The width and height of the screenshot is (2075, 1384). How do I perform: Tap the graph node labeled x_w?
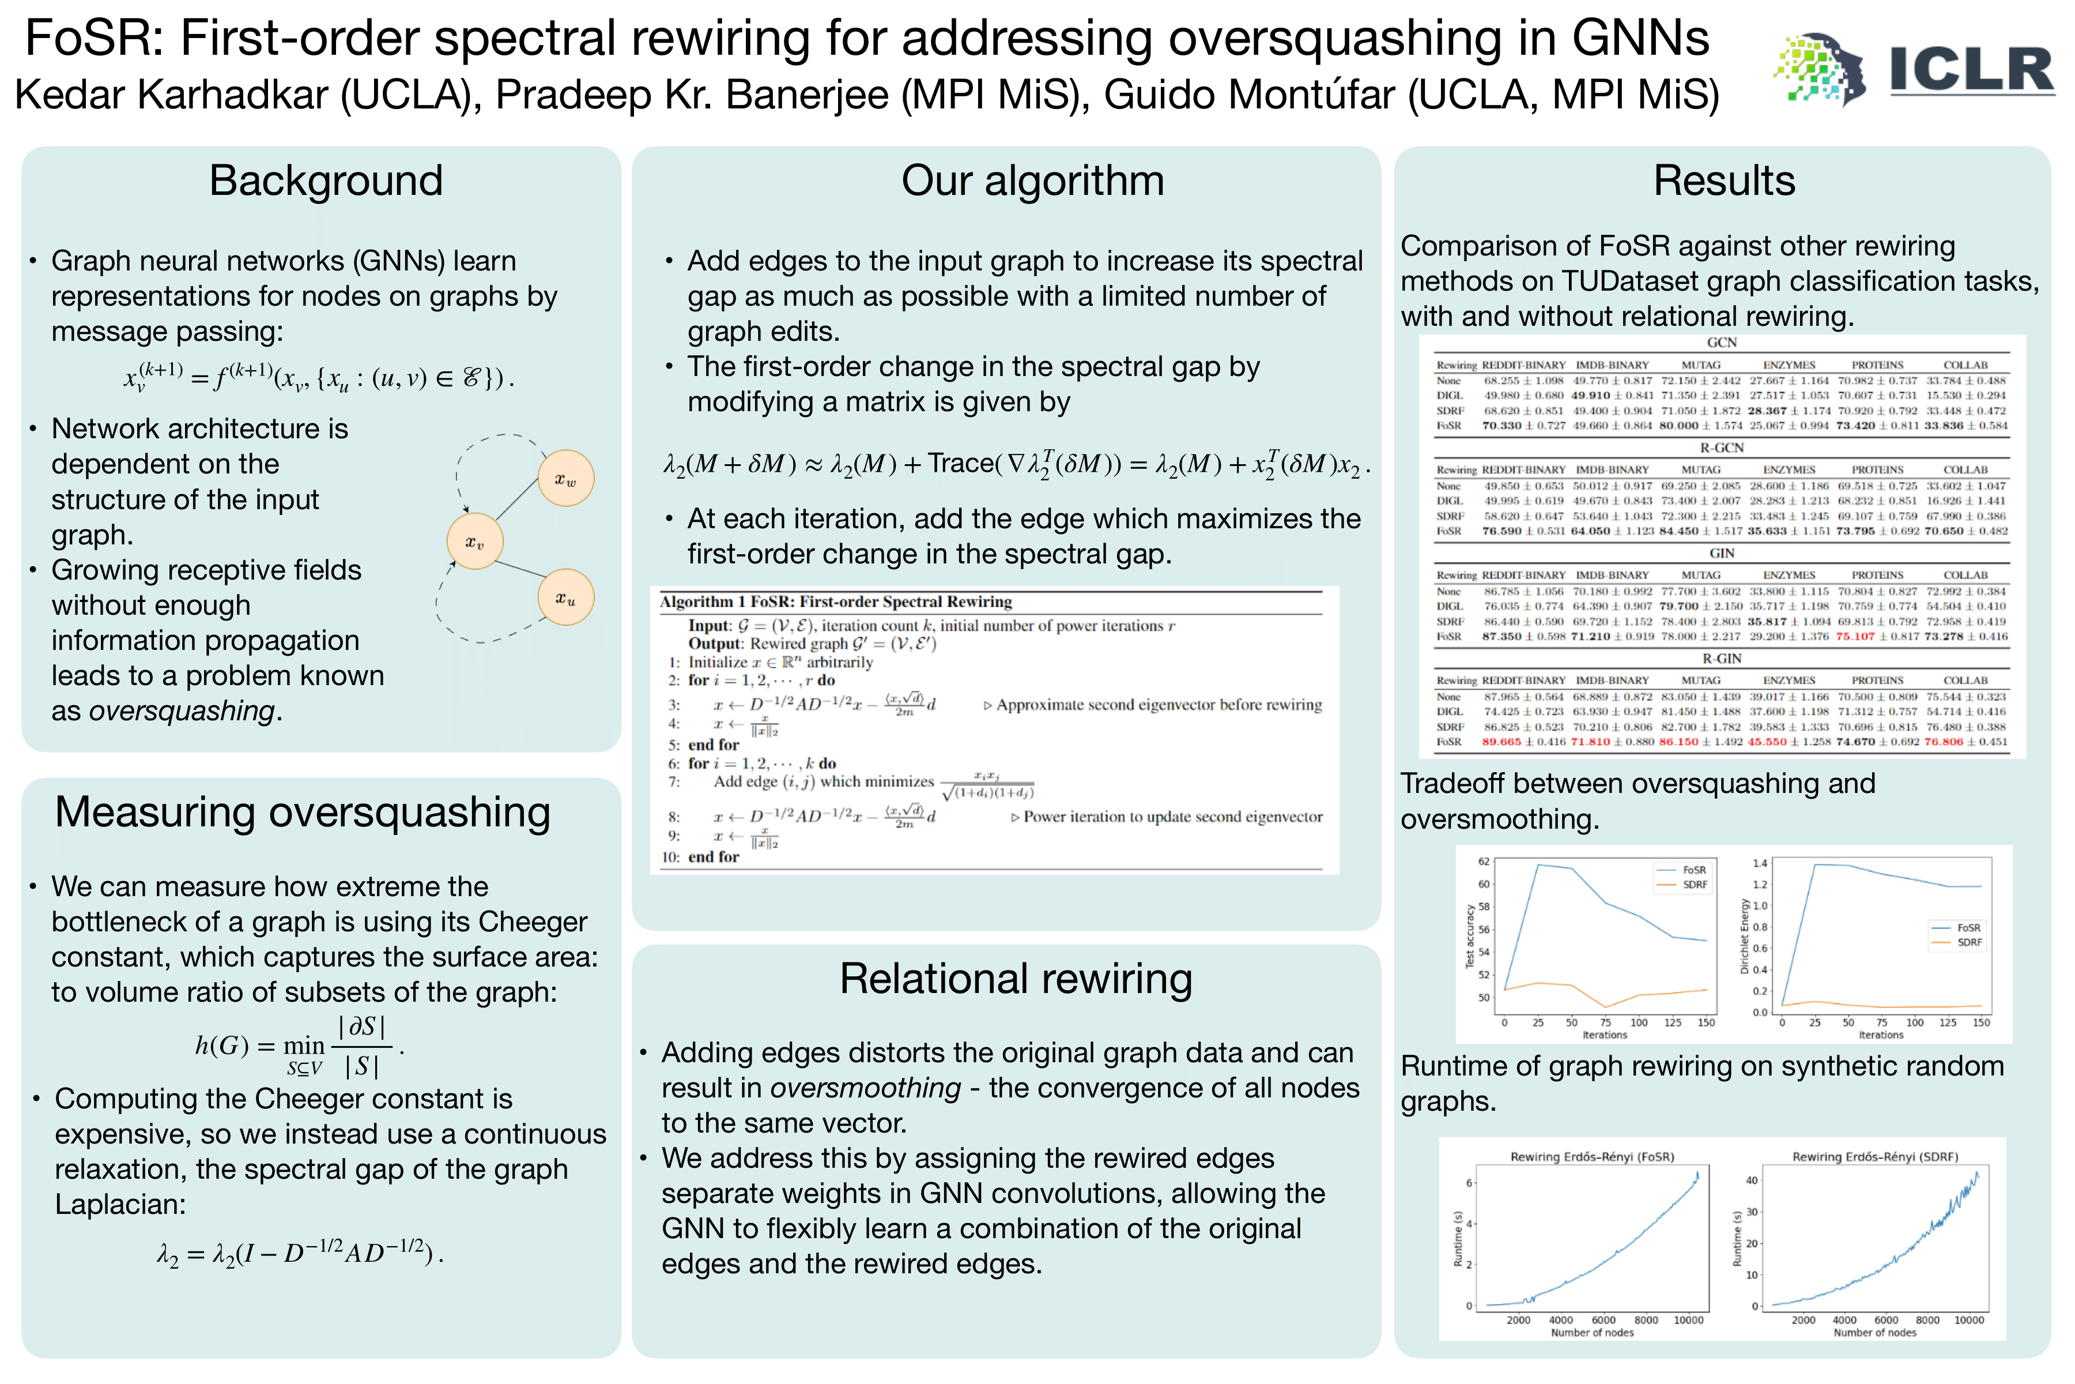(565, 479)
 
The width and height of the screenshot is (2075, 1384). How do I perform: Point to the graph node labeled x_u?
(565, 597)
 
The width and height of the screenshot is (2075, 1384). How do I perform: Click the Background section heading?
(326, 181)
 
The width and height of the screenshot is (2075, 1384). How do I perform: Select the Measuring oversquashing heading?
(303, 812)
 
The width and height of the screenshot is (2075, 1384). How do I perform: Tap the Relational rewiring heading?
(1016, 979)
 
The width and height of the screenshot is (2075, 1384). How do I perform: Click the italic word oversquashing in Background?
(182, 710)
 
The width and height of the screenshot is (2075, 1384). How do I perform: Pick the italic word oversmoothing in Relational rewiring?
(866, 1088)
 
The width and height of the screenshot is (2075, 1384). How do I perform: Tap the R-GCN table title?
(1721, 447)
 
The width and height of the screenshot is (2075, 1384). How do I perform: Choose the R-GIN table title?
(1721, 659)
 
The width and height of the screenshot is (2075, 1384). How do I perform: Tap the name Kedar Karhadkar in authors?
(171, 95)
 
